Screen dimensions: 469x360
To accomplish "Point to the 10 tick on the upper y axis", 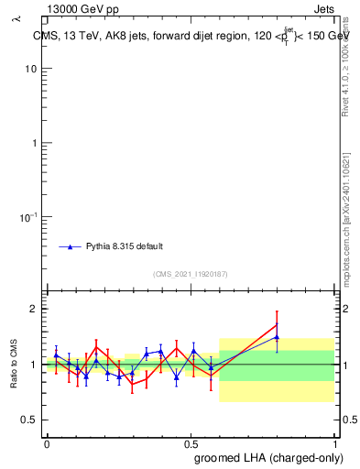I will pos(31,70).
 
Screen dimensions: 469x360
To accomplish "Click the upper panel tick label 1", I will pos(34,143).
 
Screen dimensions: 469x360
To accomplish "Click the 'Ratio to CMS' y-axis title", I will pos(15,364).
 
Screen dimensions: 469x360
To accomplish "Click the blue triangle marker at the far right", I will pos(277,337).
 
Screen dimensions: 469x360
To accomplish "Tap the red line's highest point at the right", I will pos(277,324).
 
